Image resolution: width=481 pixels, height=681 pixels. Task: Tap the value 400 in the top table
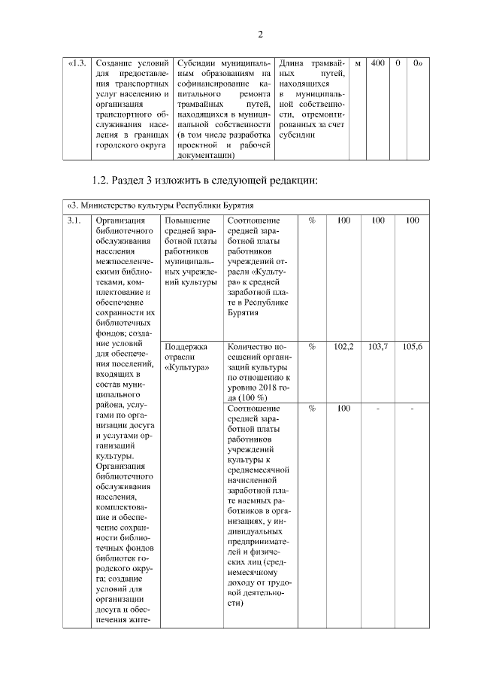(x=377, y=63)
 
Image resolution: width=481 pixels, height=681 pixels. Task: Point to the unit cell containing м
(x=358, y=63)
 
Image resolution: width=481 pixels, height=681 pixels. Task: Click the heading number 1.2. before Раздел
(x=101, y=181)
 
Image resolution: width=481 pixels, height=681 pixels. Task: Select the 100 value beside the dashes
(x=343, y=408)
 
